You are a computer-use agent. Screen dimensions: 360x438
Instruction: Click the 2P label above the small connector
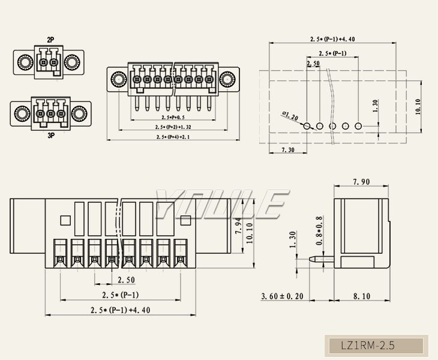[51, 40]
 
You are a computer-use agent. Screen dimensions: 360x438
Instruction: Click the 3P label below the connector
[51, 136]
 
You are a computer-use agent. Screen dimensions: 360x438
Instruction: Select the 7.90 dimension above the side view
[361, 182]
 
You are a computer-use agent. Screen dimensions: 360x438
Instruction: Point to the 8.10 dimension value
[361, 296]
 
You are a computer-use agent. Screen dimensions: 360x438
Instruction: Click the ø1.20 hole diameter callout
[290, 115]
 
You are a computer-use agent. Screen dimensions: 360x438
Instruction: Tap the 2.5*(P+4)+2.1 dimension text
[173, 137]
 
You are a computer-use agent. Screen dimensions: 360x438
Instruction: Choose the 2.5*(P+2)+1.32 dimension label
[173, 127]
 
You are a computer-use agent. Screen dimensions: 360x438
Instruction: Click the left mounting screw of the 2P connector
[25, 62]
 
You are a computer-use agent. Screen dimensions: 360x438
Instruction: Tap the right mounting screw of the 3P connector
[79, 113]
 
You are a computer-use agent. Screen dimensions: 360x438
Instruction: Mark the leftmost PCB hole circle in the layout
[307, 126]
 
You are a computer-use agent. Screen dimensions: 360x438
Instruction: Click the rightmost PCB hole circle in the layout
[358, 126]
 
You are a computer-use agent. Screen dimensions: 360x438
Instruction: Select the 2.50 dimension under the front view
[125, 280]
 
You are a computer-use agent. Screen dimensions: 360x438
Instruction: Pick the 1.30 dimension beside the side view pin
[293, 240]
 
